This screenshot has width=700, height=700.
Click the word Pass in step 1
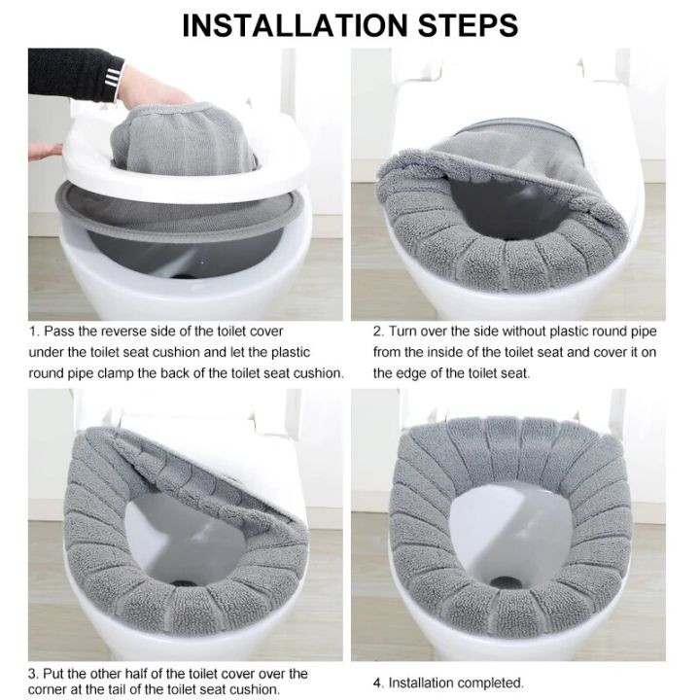pos(62,332)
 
